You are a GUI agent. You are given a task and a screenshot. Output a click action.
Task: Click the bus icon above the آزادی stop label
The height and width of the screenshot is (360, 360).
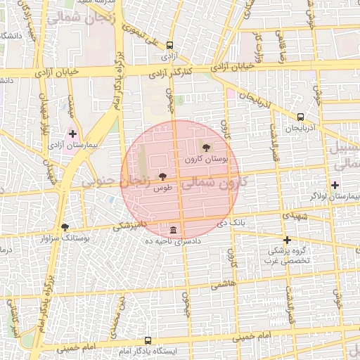click(x=169, y=44)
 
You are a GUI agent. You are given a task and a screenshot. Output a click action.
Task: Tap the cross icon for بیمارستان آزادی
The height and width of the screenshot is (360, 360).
click(x=72, y=133)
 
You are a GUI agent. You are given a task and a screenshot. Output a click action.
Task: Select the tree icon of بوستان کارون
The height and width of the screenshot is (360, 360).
click(x=205, y=148)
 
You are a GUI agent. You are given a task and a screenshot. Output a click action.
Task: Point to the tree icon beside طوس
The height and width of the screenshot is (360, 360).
click(x=163, y=176)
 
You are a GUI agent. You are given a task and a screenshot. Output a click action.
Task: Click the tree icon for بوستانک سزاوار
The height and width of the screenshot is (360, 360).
click(x=65, y=227)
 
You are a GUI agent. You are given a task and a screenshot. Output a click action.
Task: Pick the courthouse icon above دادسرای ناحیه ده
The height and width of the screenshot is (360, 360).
click(x=173, y=230)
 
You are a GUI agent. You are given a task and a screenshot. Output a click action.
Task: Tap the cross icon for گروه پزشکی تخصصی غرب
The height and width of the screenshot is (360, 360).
click(x=286, y=240)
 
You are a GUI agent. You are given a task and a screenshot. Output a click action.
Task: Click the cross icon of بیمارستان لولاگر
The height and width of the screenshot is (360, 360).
click(x=335, y=185)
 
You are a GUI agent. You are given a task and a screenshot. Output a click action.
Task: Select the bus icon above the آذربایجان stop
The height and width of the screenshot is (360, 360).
click(x=301, y=117)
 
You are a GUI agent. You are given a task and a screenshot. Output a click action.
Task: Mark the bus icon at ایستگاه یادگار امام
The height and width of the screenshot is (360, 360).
click(x=147, y=340)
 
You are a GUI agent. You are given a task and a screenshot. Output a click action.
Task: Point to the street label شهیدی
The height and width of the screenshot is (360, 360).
click(x=294, y=217)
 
